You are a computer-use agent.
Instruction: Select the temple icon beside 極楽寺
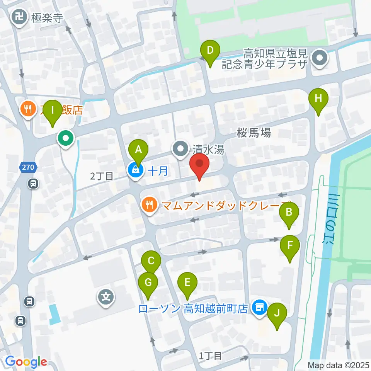click(x=18, y=17)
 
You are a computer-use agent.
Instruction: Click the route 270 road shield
click(x=27, y=167)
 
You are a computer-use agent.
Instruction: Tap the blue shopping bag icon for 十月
click(x=135, y=170)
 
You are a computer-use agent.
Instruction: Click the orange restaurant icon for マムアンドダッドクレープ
click(x=149, y=205)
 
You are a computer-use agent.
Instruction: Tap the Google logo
click(x=26, y=362)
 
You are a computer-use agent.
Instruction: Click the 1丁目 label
click(x=210, y=355)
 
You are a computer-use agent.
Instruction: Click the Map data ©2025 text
click(x=338, y=365)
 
